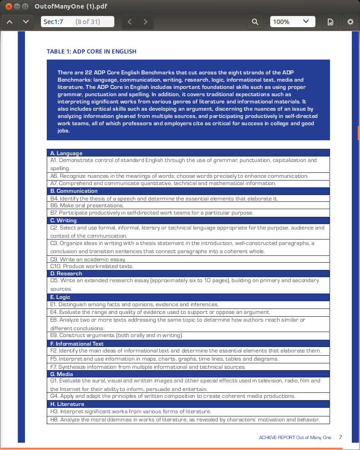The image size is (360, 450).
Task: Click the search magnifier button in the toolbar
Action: tap(255, 22)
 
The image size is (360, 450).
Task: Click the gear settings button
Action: tap(350, 22)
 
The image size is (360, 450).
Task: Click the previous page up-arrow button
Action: tap(10, 22)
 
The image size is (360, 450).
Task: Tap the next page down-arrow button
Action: tap(25, 22)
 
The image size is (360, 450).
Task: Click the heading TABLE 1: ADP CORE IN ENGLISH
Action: tap(92, 51)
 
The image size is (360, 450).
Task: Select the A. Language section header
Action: tap(66, 153)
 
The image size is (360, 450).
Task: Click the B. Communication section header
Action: tap(74, 191)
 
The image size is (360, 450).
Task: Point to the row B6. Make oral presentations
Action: tap(87, 205)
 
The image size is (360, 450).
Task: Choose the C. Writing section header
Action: tap(64, 220)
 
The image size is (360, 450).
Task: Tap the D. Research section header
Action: tap(66, 274)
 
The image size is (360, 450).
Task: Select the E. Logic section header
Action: tap(60, 297)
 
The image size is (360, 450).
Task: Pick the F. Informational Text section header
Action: tap(77, 343)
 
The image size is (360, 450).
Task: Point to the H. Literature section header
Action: tap(67, 404)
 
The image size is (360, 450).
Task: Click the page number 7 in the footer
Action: tap(340, 437)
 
